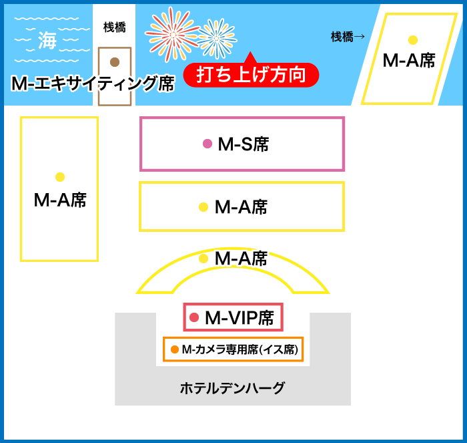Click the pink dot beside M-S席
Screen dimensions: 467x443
207,144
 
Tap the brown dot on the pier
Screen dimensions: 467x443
115,62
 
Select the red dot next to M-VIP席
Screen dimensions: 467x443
194,317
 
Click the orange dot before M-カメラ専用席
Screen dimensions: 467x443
175,349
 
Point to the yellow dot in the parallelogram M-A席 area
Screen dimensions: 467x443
413,39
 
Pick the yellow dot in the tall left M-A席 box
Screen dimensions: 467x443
60,177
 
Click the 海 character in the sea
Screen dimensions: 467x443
47,40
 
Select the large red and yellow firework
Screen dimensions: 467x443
172,34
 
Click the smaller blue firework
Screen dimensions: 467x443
217,38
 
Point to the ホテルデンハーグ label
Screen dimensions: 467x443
233,388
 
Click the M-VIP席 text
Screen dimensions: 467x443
240,317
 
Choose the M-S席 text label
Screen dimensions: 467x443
244,144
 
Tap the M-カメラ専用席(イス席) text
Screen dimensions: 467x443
240,349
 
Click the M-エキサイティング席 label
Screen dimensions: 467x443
93,84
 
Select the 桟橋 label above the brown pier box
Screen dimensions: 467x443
115,27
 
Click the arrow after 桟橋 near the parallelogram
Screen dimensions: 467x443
360,37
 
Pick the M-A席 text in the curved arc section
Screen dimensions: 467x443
241,259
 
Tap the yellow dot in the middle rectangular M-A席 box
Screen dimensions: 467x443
203,206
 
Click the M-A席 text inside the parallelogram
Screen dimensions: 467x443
409,61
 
